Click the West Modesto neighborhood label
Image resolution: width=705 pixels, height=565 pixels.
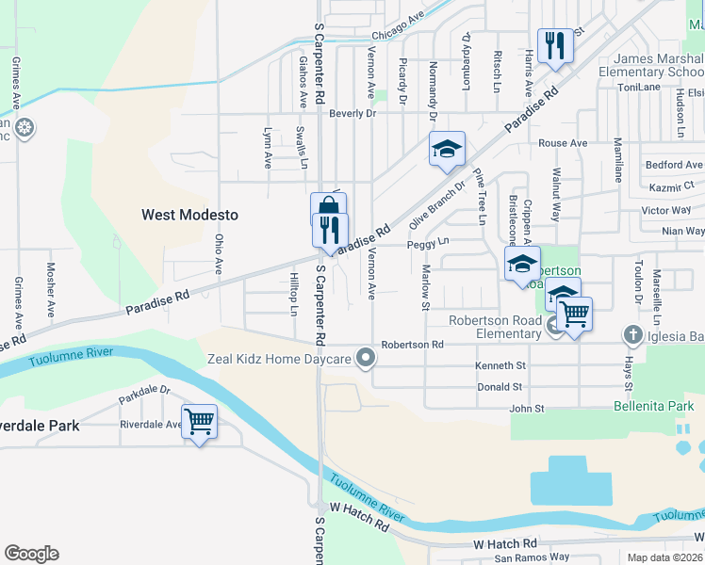[x=189, y=215]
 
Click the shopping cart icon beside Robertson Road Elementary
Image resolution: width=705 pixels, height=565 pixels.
[x=573, y=314]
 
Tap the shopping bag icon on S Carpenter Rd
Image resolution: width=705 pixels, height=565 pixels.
[x=328, y=208]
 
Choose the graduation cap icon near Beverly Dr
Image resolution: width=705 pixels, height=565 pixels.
[x=448, y=149]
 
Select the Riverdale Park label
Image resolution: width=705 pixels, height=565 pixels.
[x=39, y=426]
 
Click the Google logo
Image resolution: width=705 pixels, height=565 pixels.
[x=31, y=554]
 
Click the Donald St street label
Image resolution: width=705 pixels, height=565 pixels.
[x=500, y=387]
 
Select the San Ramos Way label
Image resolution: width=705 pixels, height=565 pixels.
[x=533, y=557]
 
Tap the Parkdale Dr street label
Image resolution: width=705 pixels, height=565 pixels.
[x=144, y=395]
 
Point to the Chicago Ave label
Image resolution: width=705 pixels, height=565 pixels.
[x=400, y=27]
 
